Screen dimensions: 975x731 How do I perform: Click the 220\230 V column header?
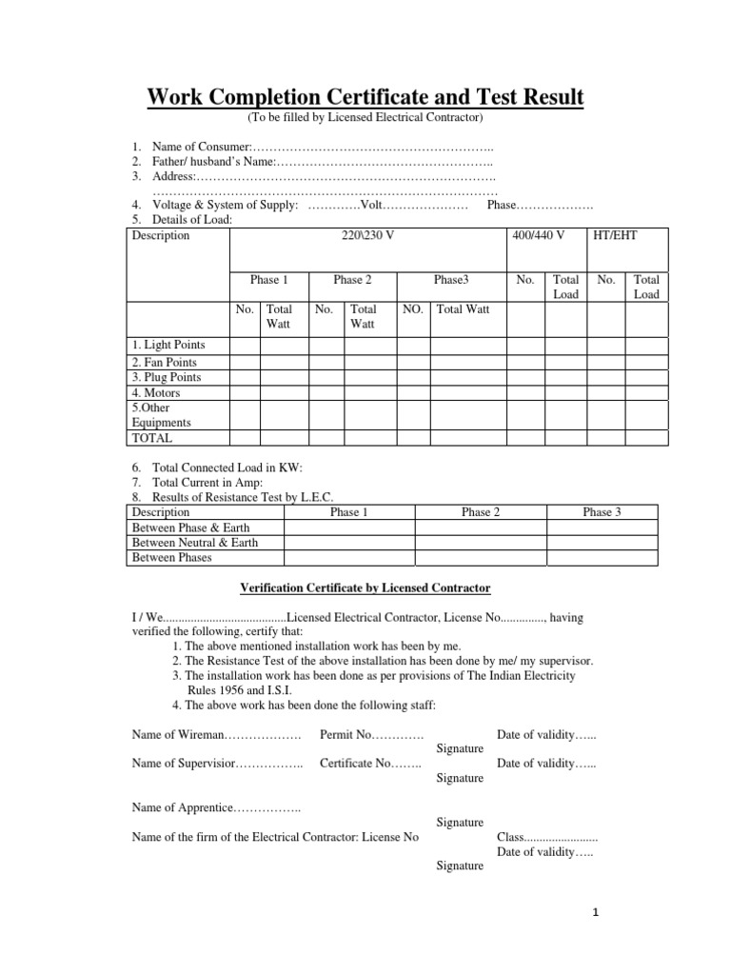(367, 235)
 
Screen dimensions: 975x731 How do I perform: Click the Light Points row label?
(168, 345)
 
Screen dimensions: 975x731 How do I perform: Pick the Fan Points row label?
(166, 362)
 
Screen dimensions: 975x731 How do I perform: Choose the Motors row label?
(156, 391)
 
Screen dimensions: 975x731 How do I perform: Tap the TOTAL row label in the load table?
(152, 438)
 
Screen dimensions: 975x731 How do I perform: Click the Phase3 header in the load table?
(451, 280)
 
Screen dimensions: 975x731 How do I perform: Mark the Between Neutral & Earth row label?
(194, 543)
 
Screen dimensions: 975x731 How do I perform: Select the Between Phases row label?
(171, 558)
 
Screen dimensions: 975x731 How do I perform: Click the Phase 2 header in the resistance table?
(482, 512)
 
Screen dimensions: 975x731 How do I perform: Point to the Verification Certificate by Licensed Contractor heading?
(364, 588)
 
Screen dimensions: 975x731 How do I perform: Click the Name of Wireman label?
(176, 735)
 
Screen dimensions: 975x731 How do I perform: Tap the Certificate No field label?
(357, 764)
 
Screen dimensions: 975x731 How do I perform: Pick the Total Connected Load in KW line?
(227, 468)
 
